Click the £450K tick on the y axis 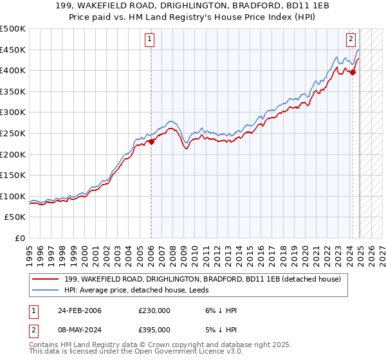click(x=13, y=50)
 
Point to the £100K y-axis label click(x=13, y=196)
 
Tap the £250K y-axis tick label click(x=13, y=133)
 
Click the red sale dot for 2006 click(x=151, y=142)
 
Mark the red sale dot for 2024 click(x=353, y=73)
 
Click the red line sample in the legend click(x=45, y=278)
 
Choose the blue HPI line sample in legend click(x=45, y=289)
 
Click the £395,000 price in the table click(x=154, y=330)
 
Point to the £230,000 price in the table click(x=154, y=310)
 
